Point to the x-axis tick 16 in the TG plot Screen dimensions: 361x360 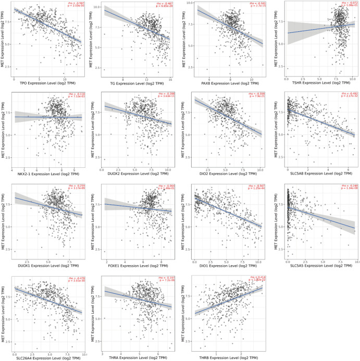pos(170,79)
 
